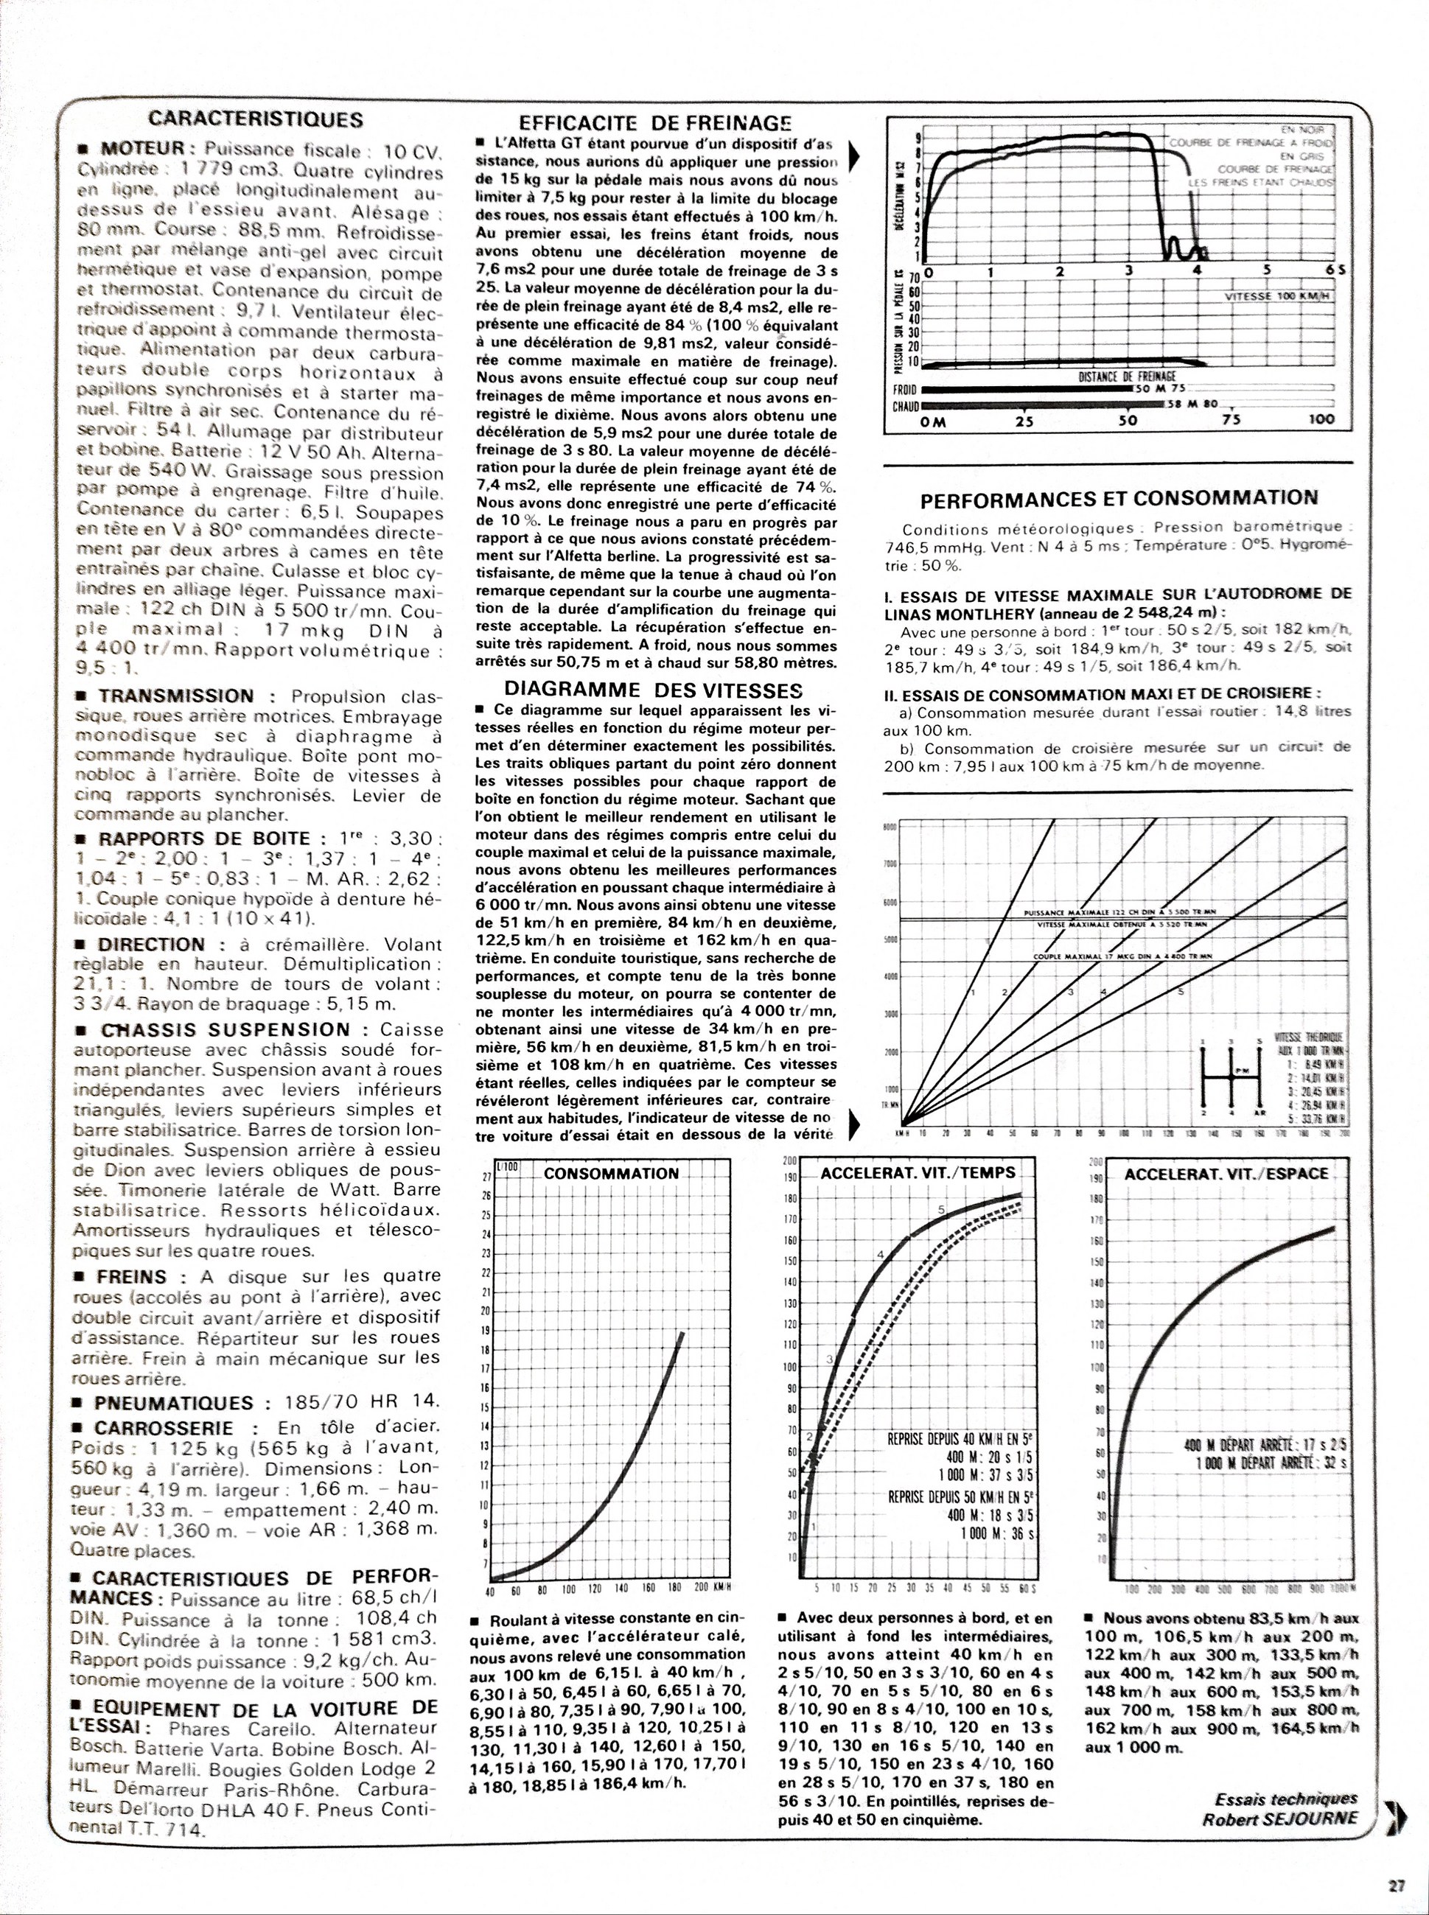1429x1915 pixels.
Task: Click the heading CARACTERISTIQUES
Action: pyautogui.click(x=255, y=119)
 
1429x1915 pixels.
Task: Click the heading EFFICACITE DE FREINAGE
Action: pyautogui.click(x=655, y=124)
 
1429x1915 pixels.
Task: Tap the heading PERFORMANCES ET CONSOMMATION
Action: pyautogui.click(x=1119, y=497)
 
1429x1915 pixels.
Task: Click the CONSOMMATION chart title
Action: pyautogui.click(x=611, y=1174)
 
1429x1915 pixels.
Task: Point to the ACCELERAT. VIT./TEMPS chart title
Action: pyautogui.click(x=918, y=1173)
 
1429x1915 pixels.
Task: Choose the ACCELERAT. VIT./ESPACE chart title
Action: pyautogui.click(x=1226, y=1174)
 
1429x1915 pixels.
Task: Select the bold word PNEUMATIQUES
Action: pyautogui.click(x=174, y=1402)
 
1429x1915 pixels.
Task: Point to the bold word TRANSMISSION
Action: pyautogui.click(x=176, y=696)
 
